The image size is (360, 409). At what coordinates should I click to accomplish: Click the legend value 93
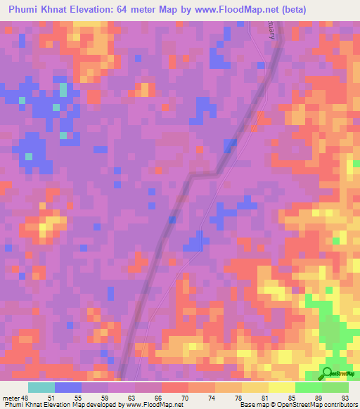click(x=345, y=397)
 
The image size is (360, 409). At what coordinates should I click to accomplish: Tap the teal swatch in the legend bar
click(x=41, y=387)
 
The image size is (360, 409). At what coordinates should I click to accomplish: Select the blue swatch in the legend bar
click(x=68, y=387)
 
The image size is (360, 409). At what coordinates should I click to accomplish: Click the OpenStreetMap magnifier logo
click(x=328, y=373)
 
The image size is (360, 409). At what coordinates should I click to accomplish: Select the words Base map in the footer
click(x=250, y=405)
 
